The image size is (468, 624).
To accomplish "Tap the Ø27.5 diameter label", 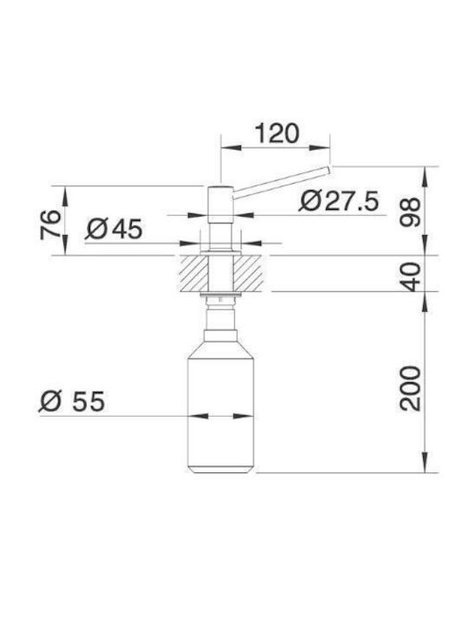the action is pos(339,201).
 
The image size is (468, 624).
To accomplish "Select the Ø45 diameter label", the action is pos(114,229).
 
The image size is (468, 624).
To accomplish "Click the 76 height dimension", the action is pos(50,224).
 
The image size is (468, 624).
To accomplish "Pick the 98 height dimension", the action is pos(410,212).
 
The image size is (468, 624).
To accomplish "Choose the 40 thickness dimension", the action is pos(410,276).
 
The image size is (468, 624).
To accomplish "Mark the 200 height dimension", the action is pos(410,388).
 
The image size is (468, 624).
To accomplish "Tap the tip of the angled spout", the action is pos(329,170).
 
